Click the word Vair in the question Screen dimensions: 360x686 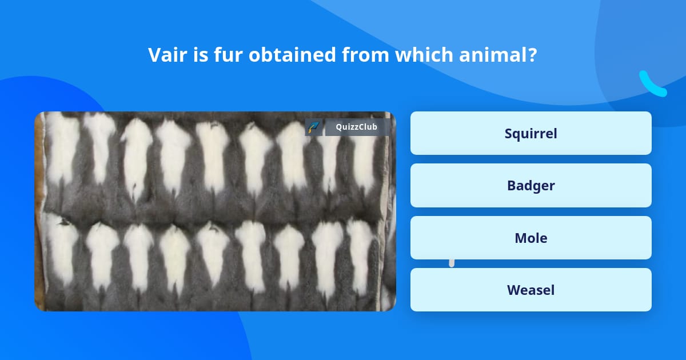click(165, 55)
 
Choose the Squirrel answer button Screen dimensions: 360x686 click(531, 133)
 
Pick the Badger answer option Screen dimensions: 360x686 click(531, 185)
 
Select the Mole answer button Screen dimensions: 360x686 click(531, 238)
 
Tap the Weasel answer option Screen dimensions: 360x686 click(531, 290)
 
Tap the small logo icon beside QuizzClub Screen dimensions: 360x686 click(314, 127)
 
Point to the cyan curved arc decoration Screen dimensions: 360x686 click(652, 85)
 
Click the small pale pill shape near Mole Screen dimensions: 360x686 click(452, 262)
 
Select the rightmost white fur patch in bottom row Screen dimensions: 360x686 click(360, 251)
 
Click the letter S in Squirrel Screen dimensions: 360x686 click(508, 133)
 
